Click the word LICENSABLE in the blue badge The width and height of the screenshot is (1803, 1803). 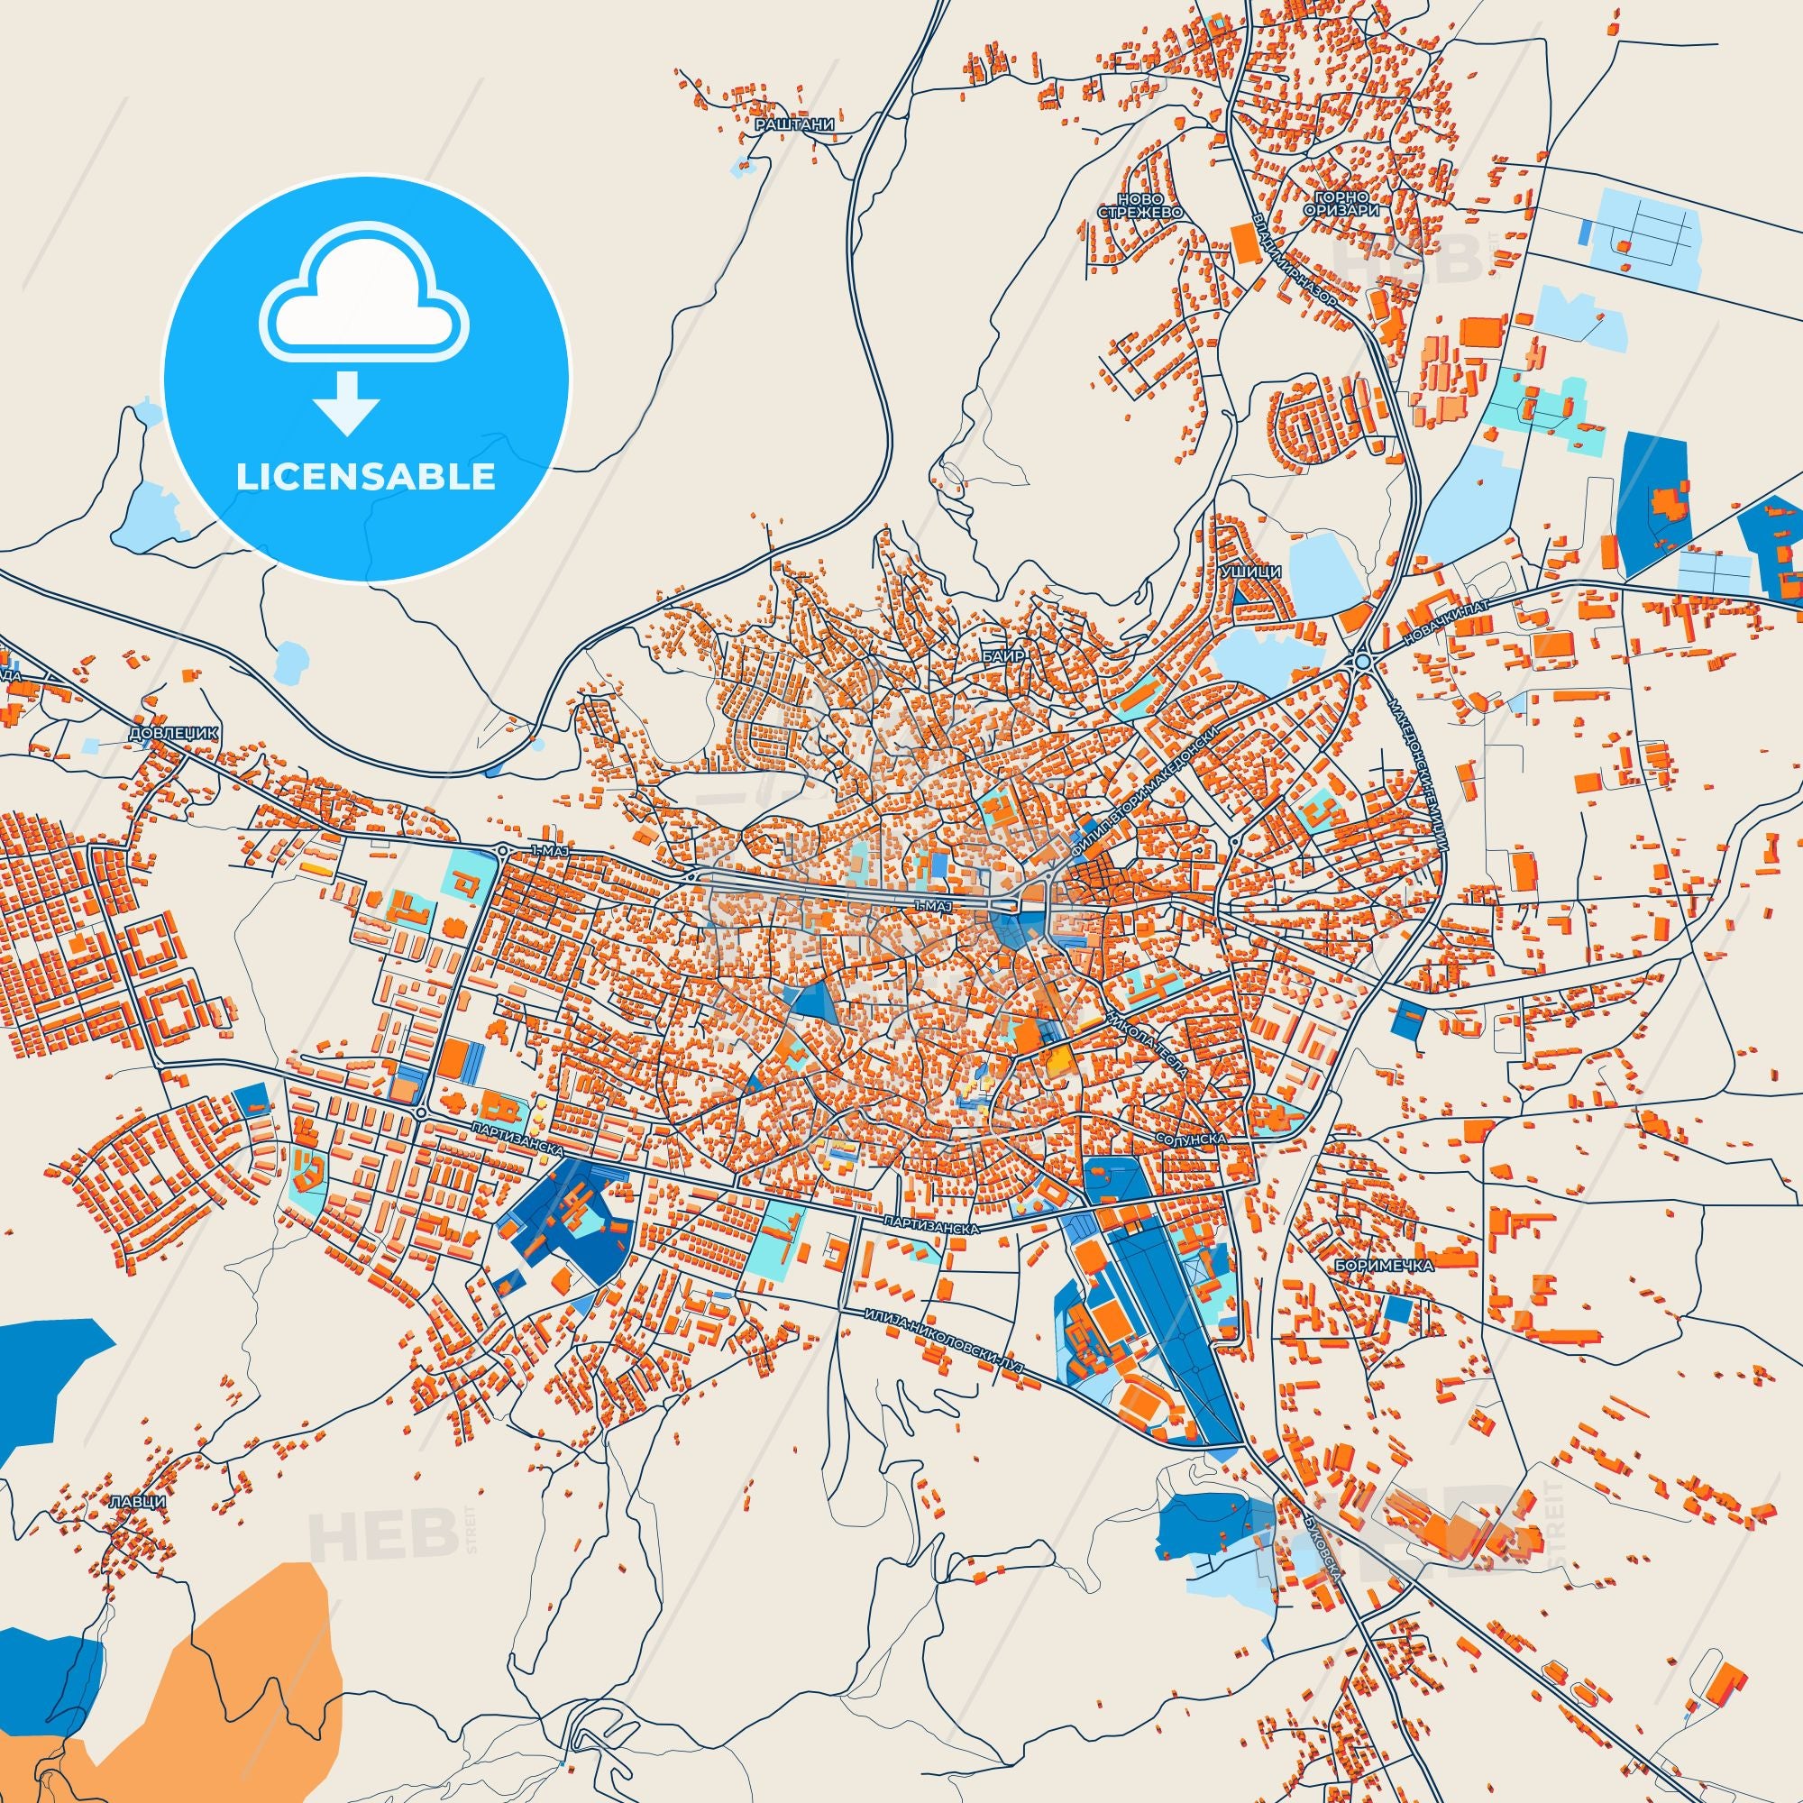coord(366,476)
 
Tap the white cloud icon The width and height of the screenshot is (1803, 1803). coord(366,298)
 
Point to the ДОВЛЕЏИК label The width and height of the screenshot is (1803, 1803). coord(175,734)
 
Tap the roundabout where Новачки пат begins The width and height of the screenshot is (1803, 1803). coord(1362,661)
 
